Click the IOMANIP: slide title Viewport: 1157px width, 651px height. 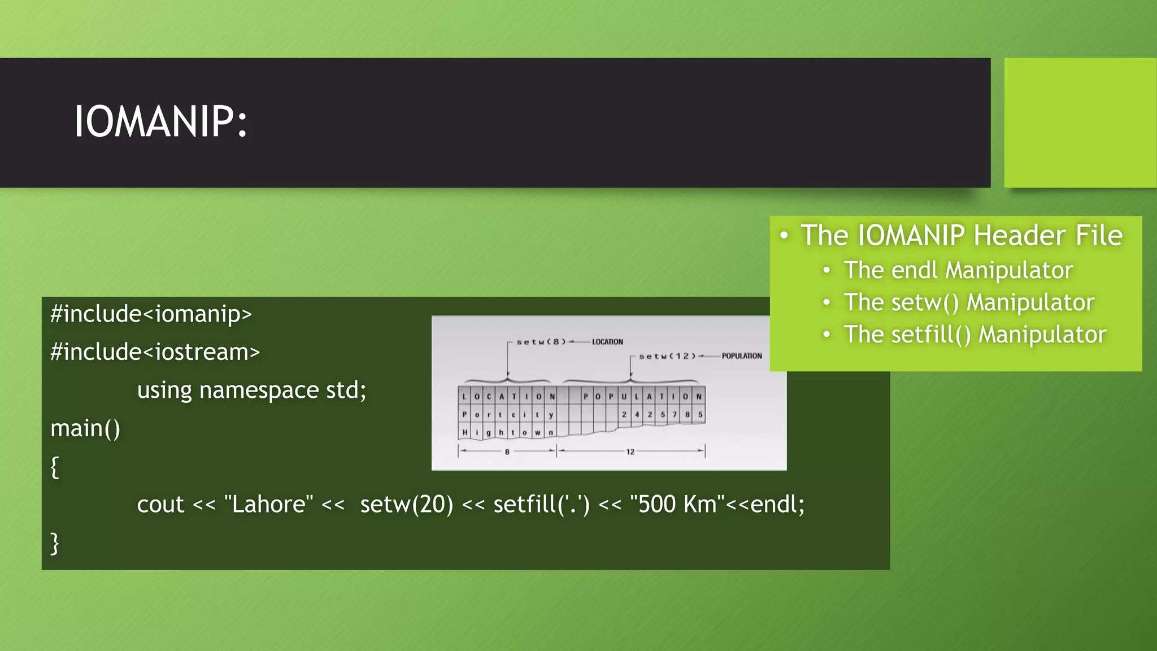click(x=160, y=121)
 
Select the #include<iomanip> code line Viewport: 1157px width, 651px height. click(x=151, y=314)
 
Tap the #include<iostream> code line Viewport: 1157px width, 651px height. click(x=155, y=351)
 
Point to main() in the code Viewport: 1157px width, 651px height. click(x=85, y=428)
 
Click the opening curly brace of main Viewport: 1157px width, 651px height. click(x=55, y=467)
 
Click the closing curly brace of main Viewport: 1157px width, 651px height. click(x=55, y=543)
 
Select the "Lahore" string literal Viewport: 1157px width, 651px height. click(x=268, y=504)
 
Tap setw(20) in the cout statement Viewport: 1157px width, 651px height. click(x=407, y=504)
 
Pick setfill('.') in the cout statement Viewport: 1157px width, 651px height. click(x=541, y=504)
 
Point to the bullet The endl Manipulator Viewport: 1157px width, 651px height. click(x=958, y=270)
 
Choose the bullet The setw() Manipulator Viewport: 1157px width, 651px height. click(x=969, y=302)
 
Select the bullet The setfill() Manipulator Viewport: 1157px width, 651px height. click(x=975, y=335)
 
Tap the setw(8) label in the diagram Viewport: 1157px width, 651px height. click(x=541, y=342)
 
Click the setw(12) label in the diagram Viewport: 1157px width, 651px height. click(x=667, y=356)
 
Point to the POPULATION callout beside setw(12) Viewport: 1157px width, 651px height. click(x=742, y=356)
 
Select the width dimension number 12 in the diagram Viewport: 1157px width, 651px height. click(x=630, y=452)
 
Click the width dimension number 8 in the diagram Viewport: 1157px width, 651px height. click(x=507, y=452)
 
